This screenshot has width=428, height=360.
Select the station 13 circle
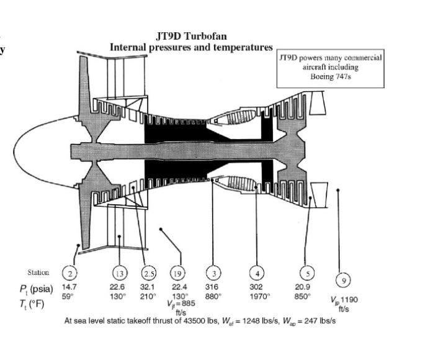pos(119,272)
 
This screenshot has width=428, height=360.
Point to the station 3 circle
pos(213,272)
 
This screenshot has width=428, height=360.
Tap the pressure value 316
pos(212,287)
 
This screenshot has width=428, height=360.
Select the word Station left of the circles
pos(38,272)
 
